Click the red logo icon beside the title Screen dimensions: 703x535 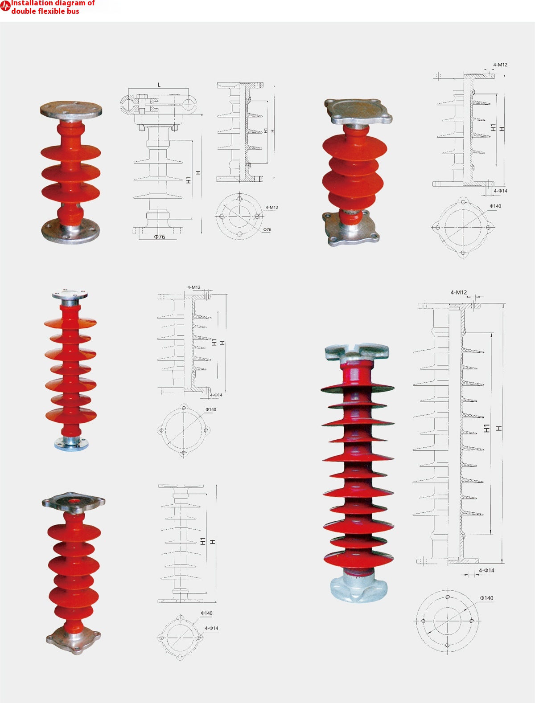tap(5, 6)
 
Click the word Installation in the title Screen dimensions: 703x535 tap(32, 3)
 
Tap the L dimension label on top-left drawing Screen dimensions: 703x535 tap(159, 85)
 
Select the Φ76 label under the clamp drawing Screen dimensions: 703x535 tap(160, 237)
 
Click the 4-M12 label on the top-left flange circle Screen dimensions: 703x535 tap(272, 208)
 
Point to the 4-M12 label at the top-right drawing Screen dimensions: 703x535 tap(500, 65)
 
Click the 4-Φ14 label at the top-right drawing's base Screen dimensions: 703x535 tap(500, 191)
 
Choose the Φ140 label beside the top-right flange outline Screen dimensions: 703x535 tap(495, 206)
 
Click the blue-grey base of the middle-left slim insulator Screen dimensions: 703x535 tap(71, 443)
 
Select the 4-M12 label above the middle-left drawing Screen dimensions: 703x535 tap(193, 288)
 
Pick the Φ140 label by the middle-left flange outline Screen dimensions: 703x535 tap(210, 409)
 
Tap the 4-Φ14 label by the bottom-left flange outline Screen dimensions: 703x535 tap(211, 629)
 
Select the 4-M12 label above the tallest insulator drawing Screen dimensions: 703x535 tap(458, 293)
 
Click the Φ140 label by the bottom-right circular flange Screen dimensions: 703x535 tap(486, 598)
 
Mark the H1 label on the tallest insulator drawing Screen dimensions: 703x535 tap(487, 429)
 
